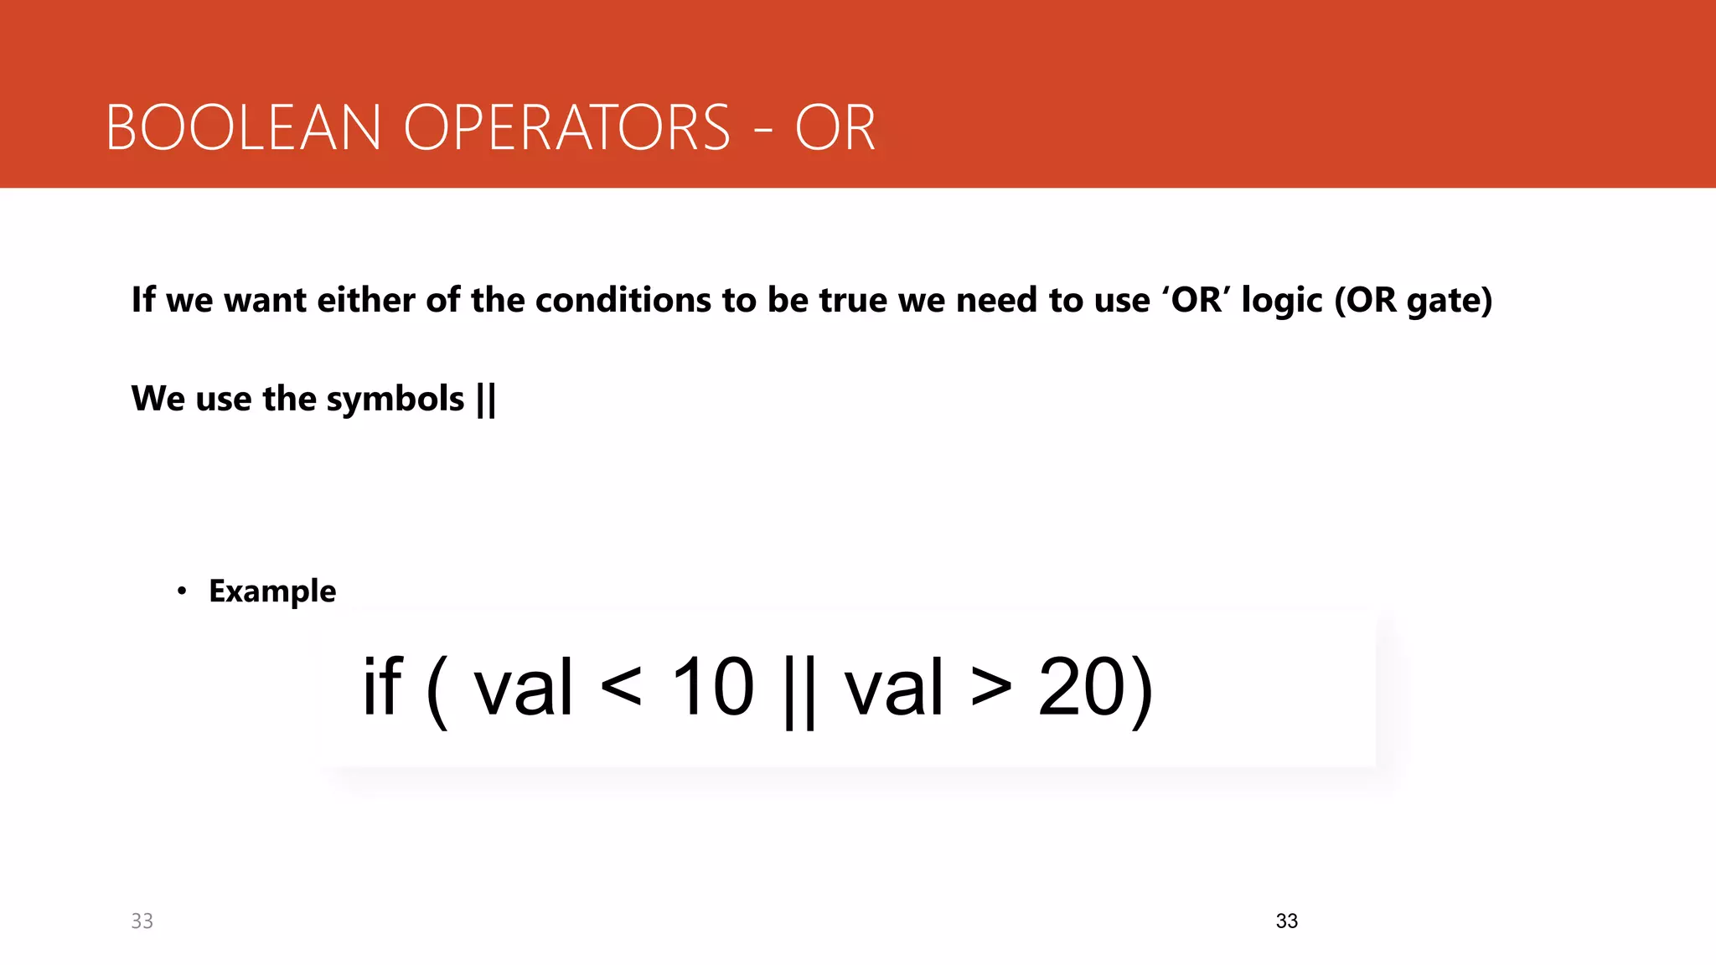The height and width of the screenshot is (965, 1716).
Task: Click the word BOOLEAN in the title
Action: coord(243,128)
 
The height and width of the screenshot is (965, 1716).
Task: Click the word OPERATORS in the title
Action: coord(567,128)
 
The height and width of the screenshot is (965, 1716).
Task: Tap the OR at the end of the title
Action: coord(835,128)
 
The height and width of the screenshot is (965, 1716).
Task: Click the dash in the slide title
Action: coord(762,131)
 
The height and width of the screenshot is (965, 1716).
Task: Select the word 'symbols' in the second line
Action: coord(395,399)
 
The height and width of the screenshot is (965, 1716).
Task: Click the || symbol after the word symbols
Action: coord(486,399)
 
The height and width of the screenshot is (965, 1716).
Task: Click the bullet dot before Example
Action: coord(182,591)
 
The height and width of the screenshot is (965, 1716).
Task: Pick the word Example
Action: coord(272,591)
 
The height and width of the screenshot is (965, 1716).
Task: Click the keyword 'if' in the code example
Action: coord(382,687)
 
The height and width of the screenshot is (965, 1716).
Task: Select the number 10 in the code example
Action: coord(713,687)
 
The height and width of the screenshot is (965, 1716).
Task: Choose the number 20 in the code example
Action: coord(1080,687)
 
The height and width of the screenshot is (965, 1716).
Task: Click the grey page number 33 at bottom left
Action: coord(142,921)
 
